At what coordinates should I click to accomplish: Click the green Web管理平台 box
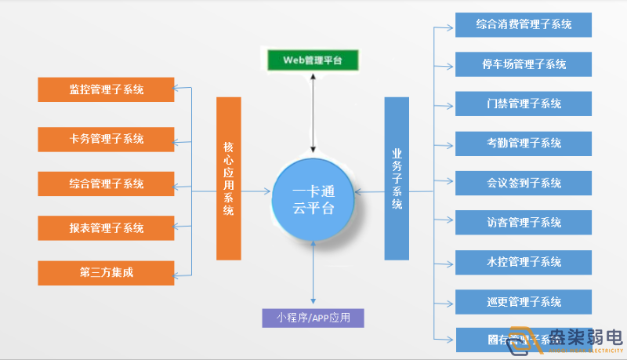pyautogui.click(x=313, y=60)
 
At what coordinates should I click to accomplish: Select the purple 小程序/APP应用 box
pyautogui.click(x=313, y=318)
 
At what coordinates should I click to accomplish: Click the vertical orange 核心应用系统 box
pyautogui.click(x=229, y=178)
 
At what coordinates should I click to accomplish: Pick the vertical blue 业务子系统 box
pyautogui.click(x=397, y=178)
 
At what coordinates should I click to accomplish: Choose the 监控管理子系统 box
pyautogui.click(x=106, y=89)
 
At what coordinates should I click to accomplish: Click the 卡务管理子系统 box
pyautogui.click(x=106, y=139)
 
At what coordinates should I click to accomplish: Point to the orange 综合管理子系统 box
pyautogui.click(x=106, y=184)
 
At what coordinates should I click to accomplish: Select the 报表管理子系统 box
pyautogui.click(x=106, y=228)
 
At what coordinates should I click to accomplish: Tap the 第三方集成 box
pyautogui.click(x=106, y=273)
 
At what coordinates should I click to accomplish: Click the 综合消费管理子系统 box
pyautogui.click(x=523, y=24)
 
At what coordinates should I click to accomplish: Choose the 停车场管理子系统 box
pyautogui.click(x=523, y=64)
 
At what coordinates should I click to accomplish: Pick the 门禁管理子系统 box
pyautogui.click(x=523, y=104)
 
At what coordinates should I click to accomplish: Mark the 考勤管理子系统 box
pyautogui.click(x=523, y=143)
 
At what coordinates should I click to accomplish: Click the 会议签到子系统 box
pyautogui.click(x=523, y=183)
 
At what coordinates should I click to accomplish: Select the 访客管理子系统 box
pyautogui.click(x=523, y=222)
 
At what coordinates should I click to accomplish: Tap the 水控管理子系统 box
pyautogui.click(x=523, y=261)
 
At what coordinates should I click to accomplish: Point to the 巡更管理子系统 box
pyautogui.click(x=523, y=301)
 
